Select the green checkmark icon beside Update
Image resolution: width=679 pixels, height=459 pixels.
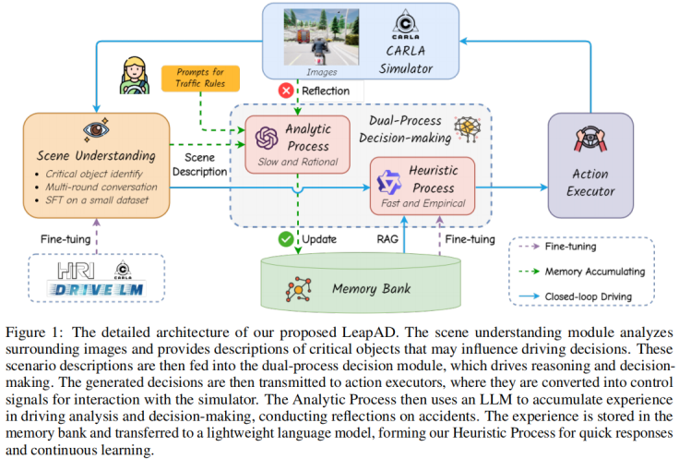[286, 239]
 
